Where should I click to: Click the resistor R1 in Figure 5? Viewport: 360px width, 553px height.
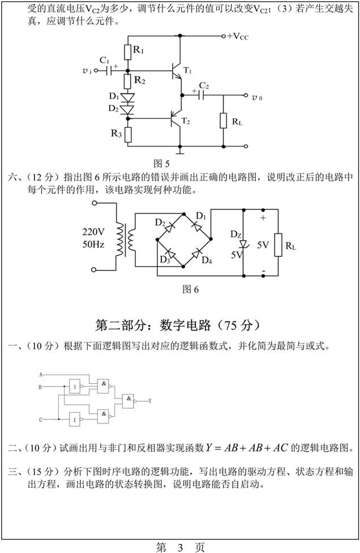click(x=127, y=52)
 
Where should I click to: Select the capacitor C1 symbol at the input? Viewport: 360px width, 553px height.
click(x=108, y=71)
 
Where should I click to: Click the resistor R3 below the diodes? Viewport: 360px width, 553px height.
click(x=127, y=135)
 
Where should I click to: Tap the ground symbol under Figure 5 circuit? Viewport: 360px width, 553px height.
click(x=180, y=151)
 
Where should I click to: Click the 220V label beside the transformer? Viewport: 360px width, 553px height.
click(x=94, y=232)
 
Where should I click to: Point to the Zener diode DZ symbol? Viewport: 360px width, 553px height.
click(x=242, y=245)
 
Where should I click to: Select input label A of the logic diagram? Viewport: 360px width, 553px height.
click(x=40, y=375)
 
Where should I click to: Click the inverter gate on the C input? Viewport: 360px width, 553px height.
click(x=74, y=419)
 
